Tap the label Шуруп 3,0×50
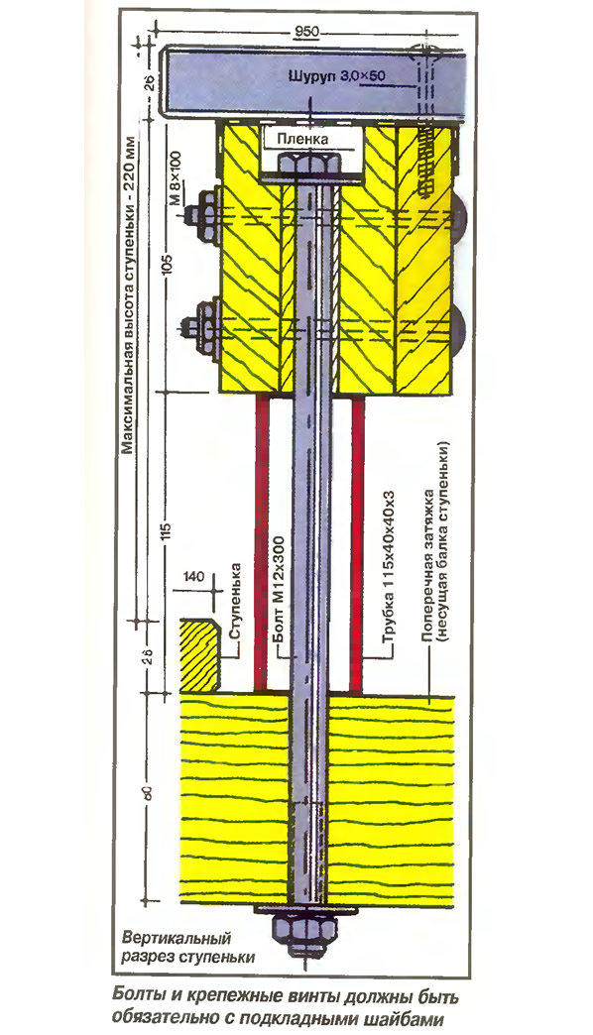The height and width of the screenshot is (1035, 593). tap(337, 76)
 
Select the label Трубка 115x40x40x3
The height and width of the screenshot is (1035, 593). tap(389, 568)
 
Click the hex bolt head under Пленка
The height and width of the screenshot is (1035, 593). tap(308, 163)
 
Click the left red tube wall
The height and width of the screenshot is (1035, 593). tap(262, 544)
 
